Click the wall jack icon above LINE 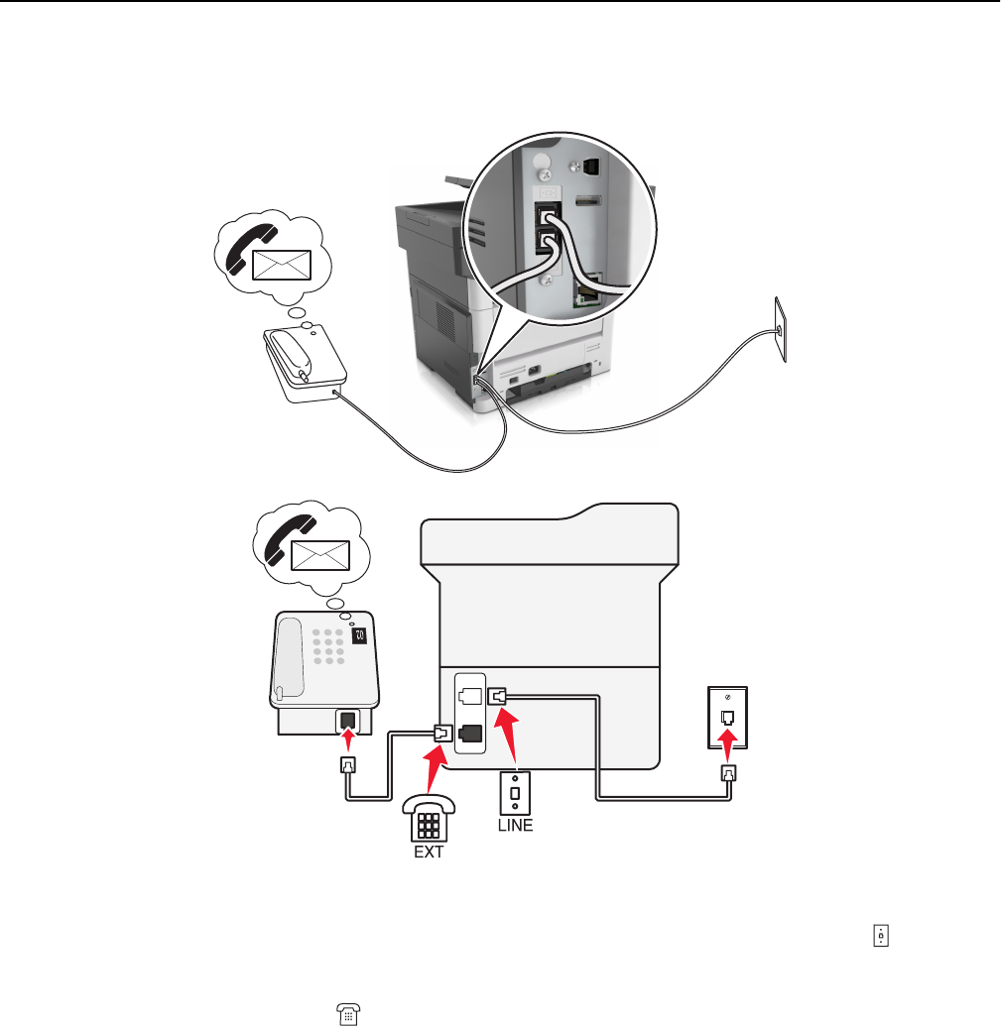[x=514, y=792]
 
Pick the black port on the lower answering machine [x=347, y=720]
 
